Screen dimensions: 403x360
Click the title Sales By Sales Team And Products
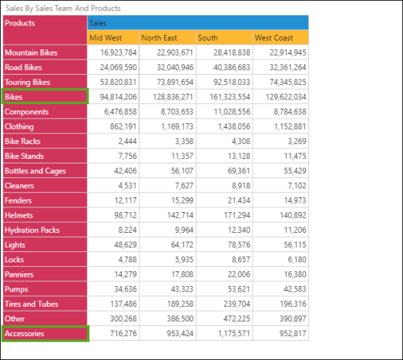(x=63, y=8)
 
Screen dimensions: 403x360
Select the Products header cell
(x=45, y=30)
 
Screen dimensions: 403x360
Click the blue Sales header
(x=198, y=22)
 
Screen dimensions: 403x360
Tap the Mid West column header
(x=113, y=38)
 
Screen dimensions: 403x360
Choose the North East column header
(x=167, y=38)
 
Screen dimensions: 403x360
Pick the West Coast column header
(x=280, y=38)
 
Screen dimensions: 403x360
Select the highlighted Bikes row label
(x=45, y=96)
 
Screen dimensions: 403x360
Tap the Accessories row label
(x=45, y=334)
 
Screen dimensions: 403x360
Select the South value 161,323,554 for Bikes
(x=230, y=97)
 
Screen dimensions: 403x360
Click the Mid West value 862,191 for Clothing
(x=123, y=126)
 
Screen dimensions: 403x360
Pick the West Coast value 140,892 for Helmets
(x=293, y=215)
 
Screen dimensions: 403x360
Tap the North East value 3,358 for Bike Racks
(x=184, y=141)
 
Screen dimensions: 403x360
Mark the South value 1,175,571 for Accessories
(x=234, y=334)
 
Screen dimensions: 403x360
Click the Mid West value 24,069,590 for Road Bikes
(x=118, y=67)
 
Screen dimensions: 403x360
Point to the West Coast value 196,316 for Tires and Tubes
(x=293, y=304)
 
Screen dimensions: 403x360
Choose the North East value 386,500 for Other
(x=180, y=318)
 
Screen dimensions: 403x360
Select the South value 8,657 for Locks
(x=241, y=260)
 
